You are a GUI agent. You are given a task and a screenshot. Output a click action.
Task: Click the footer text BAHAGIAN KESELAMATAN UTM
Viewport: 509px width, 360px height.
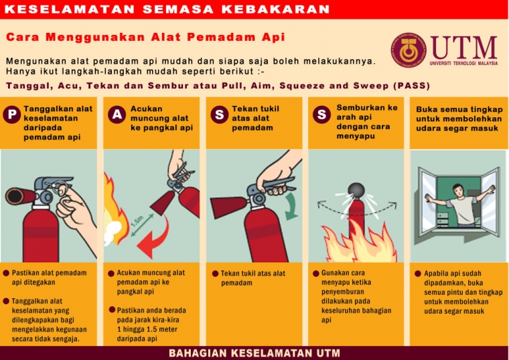(x=254, y=353)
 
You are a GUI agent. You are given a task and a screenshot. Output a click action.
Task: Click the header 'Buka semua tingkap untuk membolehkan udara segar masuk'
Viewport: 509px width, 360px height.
(x=457, y=119)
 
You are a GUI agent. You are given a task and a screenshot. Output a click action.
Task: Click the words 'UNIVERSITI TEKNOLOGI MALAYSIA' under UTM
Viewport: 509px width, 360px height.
(x=464, y=64)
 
